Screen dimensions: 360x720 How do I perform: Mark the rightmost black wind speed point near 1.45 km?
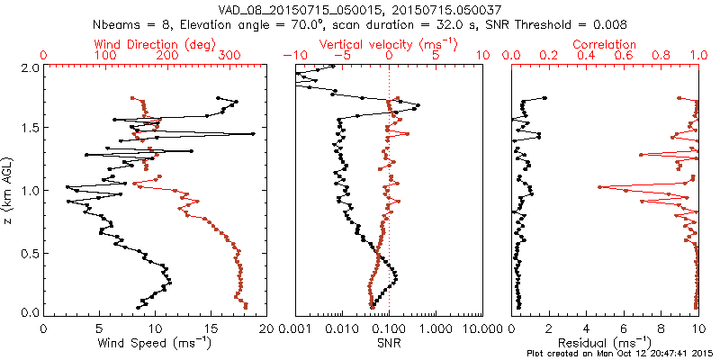click(x=253, y=134)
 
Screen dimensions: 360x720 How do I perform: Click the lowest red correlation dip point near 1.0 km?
click(x=599, y=187)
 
